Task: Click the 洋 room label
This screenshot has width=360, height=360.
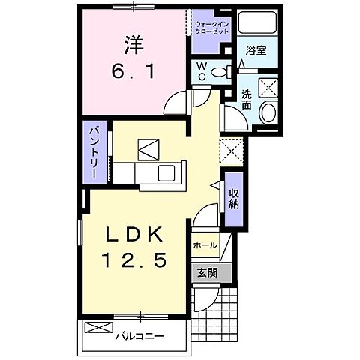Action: click(x=133, y=44)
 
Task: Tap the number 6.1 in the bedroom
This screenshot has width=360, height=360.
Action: click(x=133, y=72)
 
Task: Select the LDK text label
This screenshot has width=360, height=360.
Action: click(x=135, y=234)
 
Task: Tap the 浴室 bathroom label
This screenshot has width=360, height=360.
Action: click(x=256, y=51)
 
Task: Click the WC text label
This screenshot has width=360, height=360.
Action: click(x=201, y=72)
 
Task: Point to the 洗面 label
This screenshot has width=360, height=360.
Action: click(x=247, y=100)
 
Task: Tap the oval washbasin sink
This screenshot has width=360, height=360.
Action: click(x=267, y=112)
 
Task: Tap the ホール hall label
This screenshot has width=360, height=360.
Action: click(x=205, y=245)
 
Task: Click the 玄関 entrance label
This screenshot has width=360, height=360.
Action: click(x=206, y=274)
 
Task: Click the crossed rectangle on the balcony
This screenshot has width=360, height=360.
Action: click(x=95, y=327)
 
